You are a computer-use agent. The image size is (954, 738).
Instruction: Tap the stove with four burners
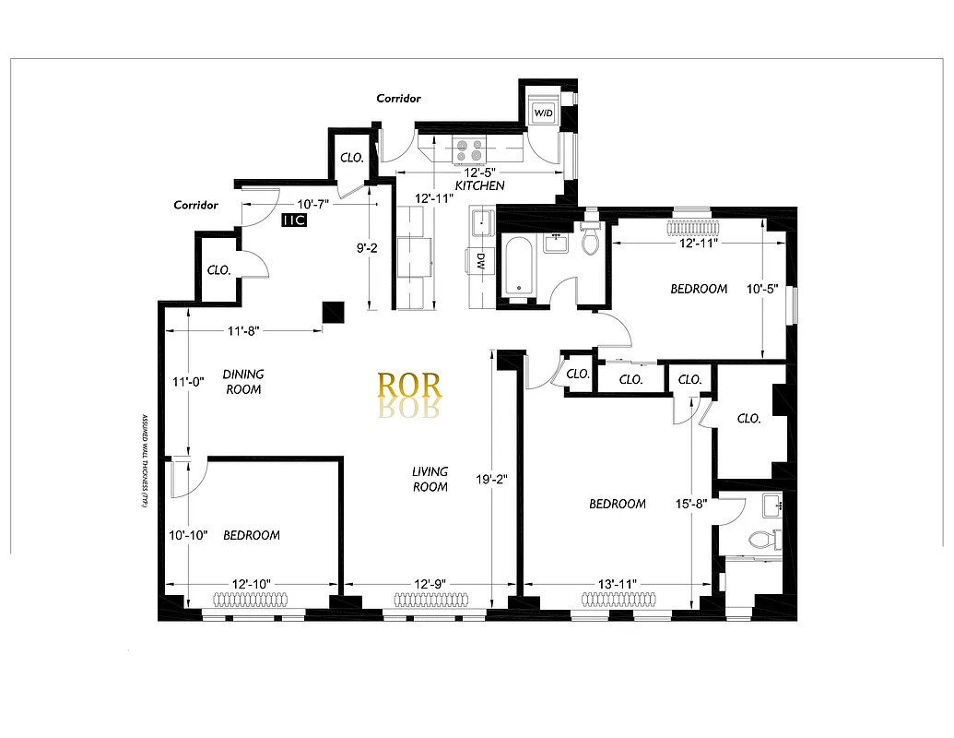[469, 149]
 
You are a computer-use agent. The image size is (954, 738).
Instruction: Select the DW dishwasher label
[479, 262]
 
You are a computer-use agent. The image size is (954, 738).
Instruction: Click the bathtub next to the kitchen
[519, 268]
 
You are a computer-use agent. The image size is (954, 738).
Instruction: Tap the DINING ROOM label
[243, 381]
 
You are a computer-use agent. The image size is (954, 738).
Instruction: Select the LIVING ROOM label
[430, 479]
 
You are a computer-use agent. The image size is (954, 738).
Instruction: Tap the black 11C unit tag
[294, 220]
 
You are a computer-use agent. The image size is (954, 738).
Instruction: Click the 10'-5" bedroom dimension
[762, 289]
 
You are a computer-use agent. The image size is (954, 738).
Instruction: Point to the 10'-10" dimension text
[188, 535]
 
